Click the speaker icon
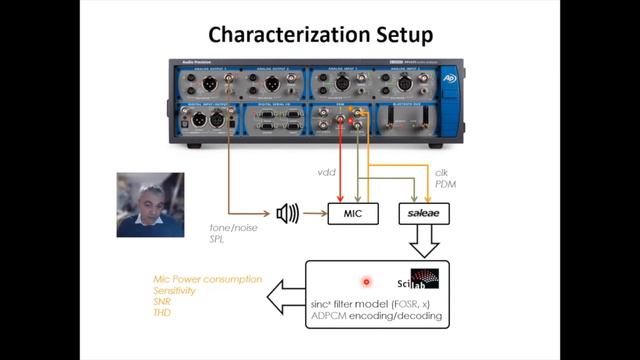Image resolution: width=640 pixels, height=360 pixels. click(288, 212)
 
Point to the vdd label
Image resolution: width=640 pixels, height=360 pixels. click(326, 172)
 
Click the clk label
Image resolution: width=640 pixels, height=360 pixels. click(441, 172)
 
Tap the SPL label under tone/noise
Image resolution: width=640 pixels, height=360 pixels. click(218, 241)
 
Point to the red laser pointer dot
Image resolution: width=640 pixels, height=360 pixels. click(366, 283)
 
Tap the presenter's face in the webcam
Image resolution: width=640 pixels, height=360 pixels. click(147, 200)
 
